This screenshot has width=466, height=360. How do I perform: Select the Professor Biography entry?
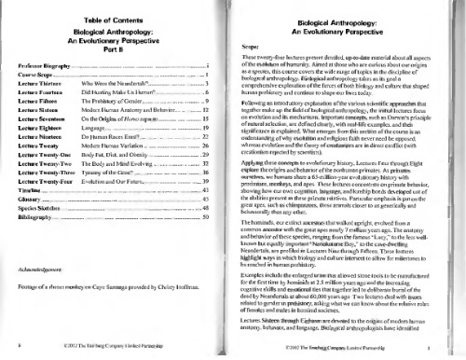[39, 67]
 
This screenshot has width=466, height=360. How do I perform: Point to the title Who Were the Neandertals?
[116, 84]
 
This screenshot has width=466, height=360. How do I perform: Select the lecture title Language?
[97, 129]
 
